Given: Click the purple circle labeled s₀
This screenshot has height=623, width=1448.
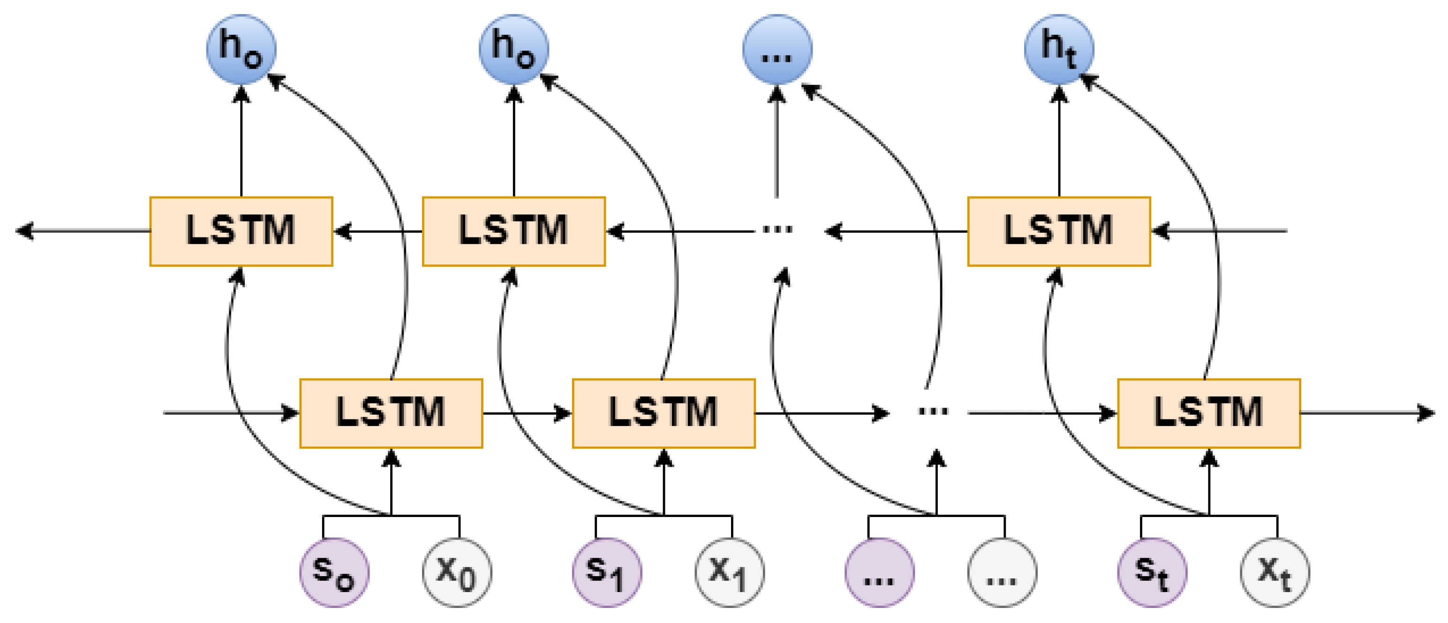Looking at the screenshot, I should [334, 572].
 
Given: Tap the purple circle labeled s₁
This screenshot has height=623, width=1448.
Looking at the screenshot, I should [607, 572].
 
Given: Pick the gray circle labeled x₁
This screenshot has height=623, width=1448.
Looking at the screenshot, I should [730, 572].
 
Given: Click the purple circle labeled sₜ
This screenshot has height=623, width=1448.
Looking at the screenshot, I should [1152, 572].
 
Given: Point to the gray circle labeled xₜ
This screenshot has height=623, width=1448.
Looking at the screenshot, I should [1275, 572].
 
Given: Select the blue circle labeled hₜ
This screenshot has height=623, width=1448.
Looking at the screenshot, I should [1059, 49].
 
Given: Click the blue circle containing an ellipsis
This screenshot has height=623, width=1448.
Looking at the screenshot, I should [777, 49].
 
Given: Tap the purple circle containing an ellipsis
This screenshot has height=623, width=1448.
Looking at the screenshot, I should [880, 572].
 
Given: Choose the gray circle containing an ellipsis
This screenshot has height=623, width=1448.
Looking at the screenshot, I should [1002, 572].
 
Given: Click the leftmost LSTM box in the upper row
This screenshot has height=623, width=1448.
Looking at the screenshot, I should [241, 231].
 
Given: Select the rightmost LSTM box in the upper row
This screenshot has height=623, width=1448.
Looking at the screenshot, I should [1059, 231].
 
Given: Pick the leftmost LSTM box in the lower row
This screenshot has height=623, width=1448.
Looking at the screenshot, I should [391, 413].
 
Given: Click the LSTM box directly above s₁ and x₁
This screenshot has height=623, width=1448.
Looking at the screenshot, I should [664, 413].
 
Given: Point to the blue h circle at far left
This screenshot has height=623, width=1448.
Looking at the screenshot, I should [241, 49].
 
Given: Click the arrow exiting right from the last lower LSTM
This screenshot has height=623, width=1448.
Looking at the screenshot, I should [1366, 413].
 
